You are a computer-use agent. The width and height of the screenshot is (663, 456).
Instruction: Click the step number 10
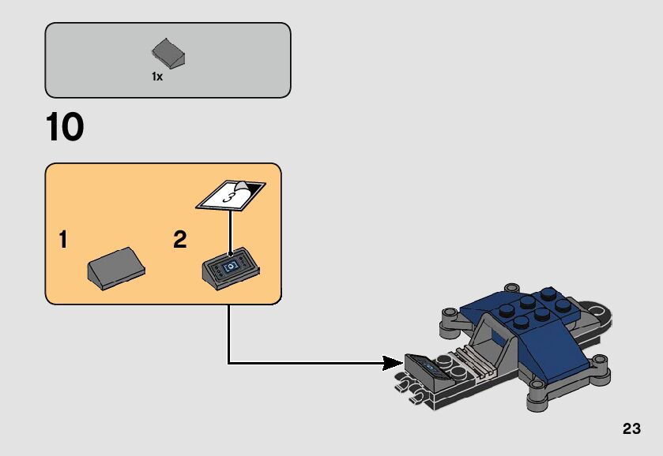65,128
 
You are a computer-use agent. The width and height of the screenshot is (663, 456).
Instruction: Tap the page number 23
631,429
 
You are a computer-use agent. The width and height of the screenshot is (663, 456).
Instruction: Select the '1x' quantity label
157,77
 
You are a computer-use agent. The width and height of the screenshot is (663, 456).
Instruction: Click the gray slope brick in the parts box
168,54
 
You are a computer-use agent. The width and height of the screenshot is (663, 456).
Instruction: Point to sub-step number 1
62,240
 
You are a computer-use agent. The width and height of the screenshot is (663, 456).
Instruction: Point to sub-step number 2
180,240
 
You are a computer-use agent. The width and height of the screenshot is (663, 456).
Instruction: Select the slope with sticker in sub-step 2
231,269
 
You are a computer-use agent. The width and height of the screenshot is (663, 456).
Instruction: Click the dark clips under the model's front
412,386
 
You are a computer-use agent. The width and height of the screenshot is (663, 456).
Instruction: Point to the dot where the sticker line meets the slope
230,256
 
